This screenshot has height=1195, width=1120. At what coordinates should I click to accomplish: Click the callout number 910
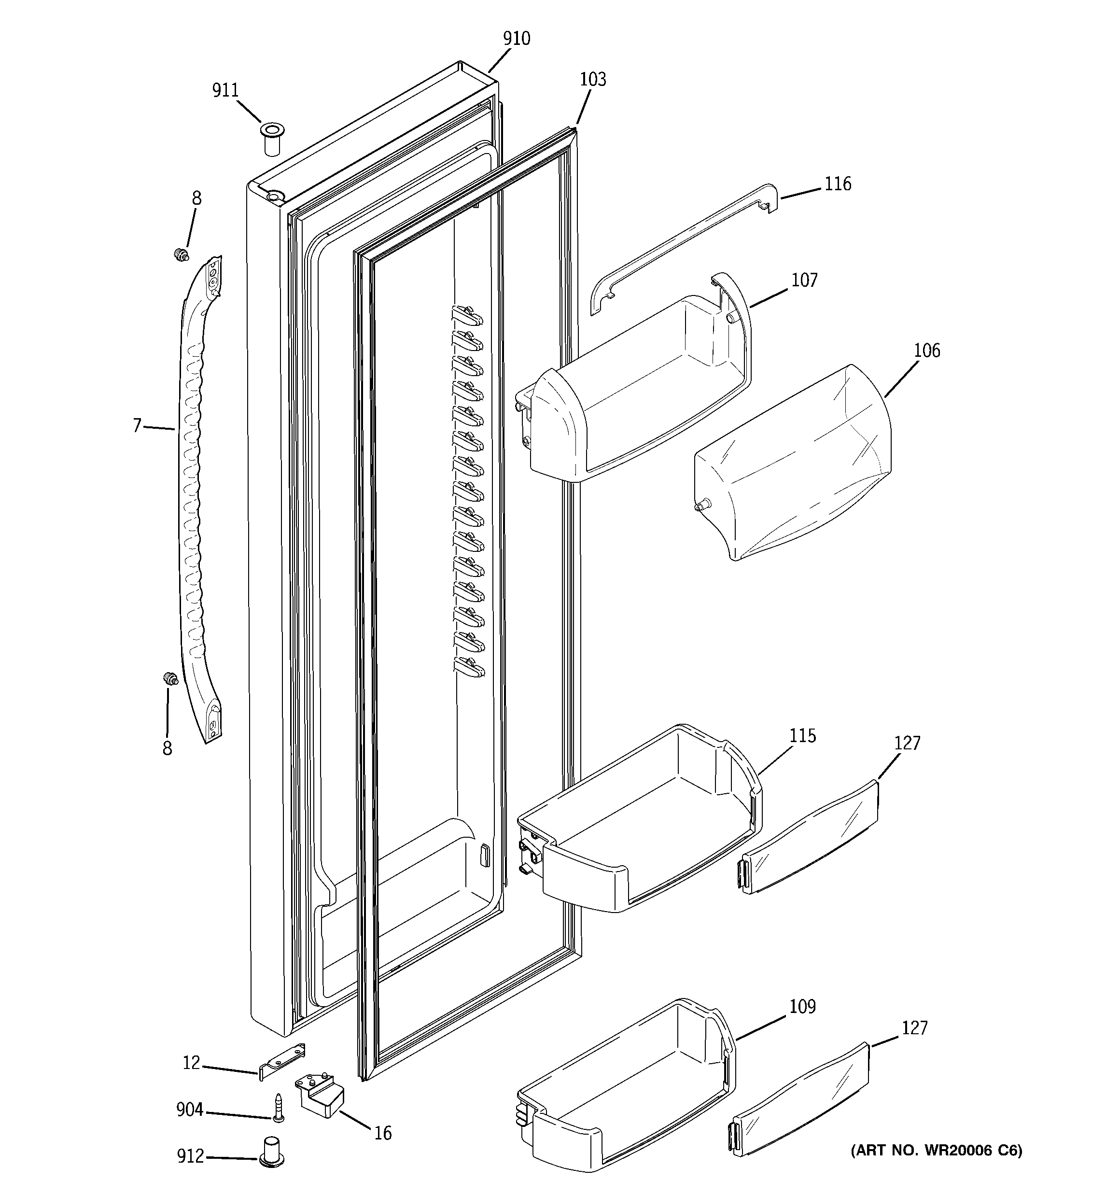pos(517,39)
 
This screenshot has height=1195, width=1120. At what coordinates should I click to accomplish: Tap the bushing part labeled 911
pos(272,138)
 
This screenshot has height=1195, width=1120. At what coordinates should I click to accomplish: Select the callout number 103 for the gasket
pos(593,79)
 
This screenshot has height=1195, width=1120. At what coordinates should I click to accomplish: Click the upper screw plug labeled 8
pos(180,255)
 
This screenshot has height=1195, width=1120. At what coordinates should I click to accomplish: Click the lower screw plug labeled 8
pos(171,679)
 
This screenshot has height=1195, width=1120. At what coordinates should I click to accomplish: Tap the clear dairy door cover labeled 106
pos(794,463)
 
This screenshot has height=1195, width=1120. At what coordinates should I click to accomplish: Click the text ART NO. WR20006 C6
pos(936,1151)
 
